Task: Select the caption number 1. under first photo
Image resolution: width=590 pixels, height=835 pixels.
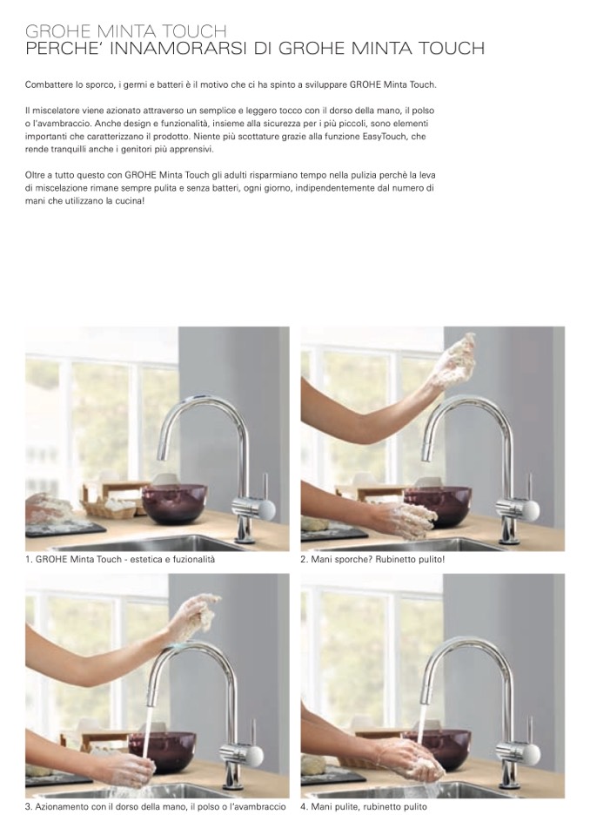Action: [29, 560]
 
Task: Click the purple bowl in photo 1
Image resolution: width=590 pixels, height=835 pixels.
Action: [174, 504]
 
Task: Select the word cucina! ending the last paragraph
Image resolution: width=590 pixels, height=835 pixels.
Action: [130, 201]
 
